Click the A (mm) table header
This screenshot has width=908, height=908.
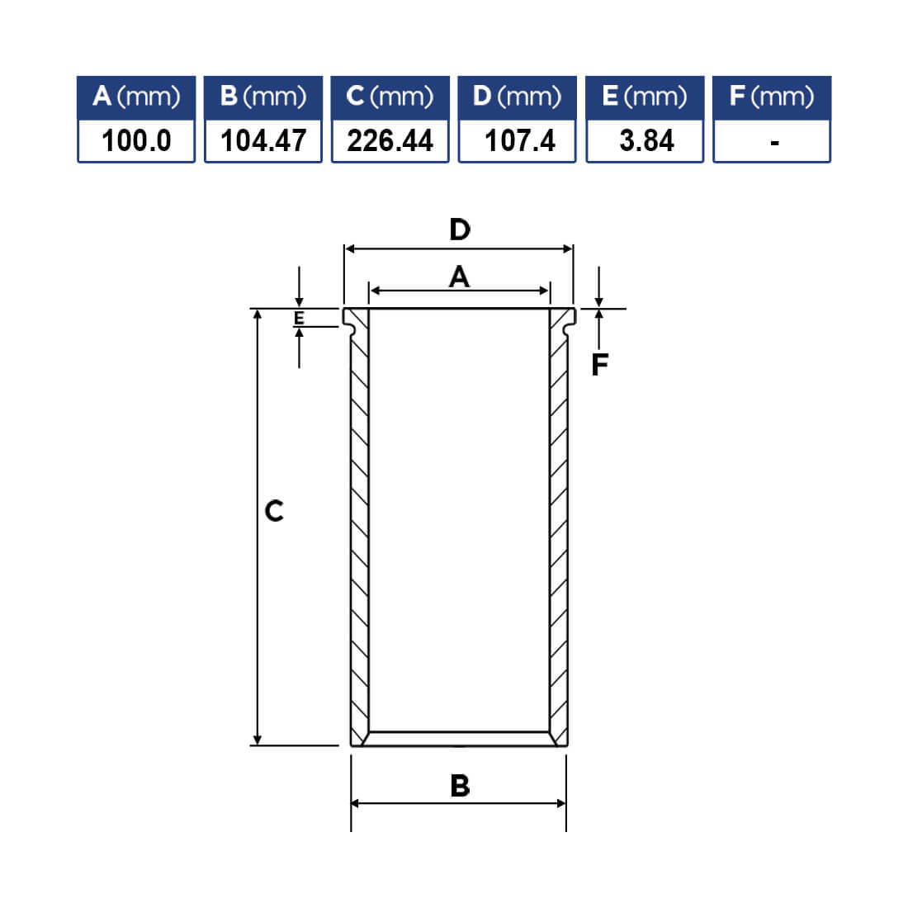pos(136,97)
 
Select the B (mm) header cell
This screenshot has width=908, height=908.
pos(262,97)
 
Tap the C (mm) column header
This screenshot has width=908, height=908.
pos(390,97)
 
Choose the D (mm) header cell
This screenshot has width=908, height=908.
pos(517,97)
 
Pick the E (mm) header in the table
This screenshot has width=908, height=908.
pos(645,97)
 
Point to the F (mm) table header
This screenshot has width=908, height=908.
pos(772,97)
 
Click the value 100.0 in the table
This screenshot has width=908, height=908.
pos(137,140)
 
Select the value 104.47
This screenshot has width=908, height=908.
pos(263,140)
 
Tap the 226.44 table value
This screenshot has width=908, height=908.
pos(390,140)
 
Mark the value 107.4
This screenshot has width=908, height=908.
pos(519,140)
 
